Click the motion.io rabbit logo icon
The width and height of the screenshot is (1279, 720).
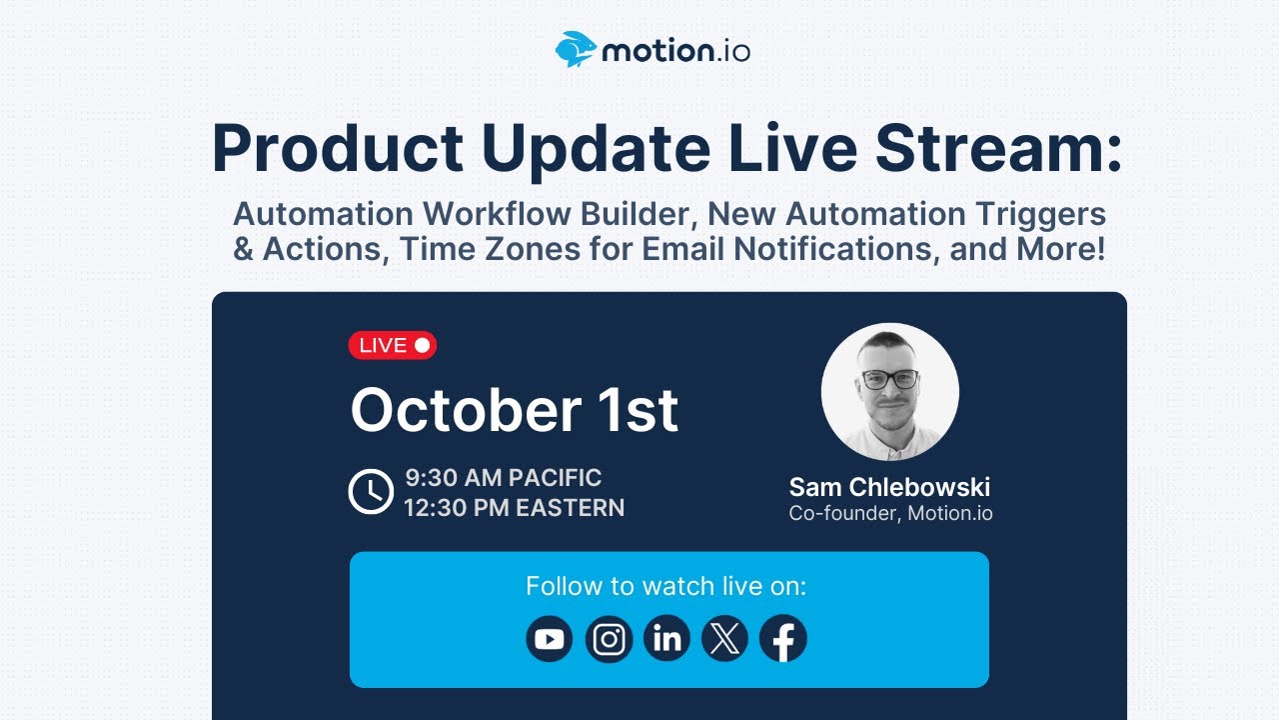(576, 50)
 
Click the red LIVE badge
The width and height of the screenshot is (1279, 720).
(392, 345)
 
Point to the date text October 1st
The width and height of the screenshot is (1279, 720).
(514, 410)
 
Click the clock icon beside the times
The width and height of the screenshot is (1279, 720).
(371, 492)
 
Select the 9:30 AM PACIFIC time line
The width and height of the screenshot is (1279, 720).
(503, 477)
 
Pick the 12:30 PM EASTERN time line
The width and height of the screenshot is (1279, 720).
(514, 508)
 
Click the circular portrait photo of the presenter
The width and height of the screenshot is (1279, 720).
(889, 392)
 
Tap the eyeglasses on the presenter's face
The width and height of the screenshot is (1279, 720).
(889, 379)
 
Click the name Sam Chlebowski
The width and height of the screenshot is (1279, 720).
(889, 487)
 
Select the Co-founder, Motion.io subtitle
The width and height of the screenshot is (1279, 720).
(890, 514)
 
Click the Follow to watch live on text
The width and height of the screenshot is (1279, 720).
(665, 586)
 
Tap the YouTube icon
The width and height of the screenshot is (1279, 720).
(550, 639)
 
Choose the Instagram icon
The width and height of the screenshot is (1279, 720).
(609, 639)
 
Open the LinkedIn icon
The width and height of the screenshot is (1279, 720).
(666, 639)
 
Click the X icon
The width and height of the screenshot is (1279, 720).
(724, 639)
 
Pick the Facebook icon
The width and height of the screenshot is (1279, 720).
(783, 639)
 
